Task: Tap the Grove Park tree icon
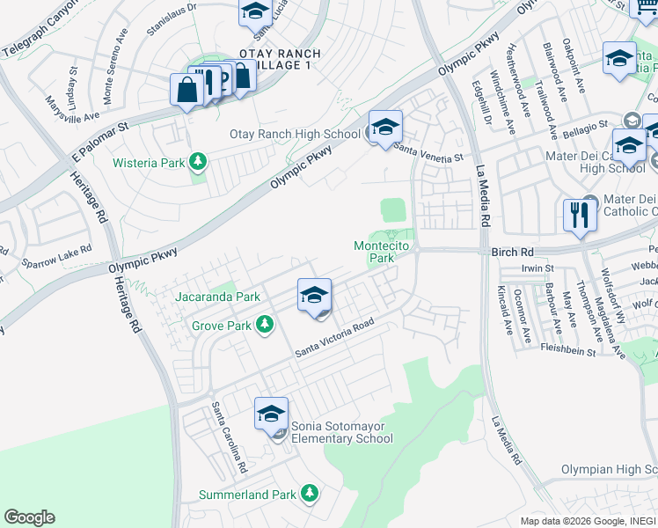pyautogui.click(x=264, y=326)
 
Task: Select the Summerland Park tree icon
pyautogui.click(x=309, y=495)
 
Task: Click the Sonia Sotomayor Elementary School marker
pyautogui.click(x=272, y=414)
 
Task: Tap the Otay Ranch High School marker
pyautogui.click(x=385, y=128)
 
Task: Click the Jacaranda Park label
pyautogui.click(x=217, y=297)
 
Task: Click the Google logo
pyautogui.click(x=29, y=517)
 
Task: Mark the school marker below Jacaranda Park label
pyautogui.click(x=314, y=296)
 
